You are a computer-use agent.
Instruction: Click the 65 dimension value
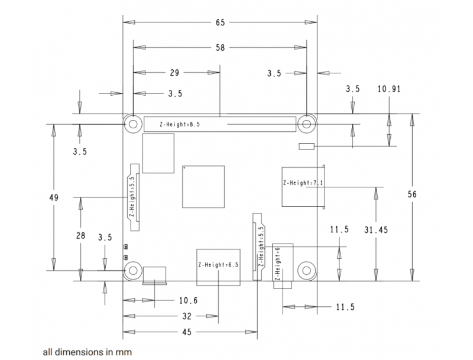[220, 22]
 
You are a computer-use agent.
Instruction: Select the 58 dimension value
[220, 48]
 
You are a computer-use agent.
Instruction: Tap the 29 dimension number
[174, 73]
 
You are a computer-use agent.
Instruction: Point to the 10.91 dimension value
[389, 89]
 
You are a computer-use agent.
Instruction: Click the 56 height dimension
[412, 194]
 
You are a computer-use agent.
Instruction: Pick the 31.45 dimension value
[376, 230]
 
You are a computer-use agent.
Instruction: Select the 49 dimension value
[54, 198]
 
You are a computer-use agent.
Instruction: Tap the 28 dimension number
[80, 235]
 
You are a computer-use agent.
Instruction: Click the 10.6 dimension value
[188, 300]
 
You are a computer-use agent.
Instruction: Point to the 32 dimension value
[187, 316]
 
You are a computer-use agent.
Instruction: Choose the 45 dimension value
[187, 332]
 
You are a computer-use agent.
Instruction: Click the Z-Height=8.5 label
[180, 124]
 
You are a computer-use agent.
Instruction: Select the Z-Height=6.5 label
[218, 265]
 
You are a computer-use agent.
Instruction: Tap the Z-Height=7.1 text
[303, 183]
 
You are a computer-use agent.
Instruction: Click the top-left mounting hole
[133, 124]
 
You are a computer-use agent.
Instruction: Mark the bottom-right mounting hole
[306, 271]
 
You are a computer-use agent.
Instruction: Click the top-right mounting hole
[306, 124]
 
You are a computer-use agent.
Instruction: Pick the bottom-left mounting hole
[133, 271]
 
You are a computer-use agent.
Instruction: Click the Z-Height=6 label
[277, 264]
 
